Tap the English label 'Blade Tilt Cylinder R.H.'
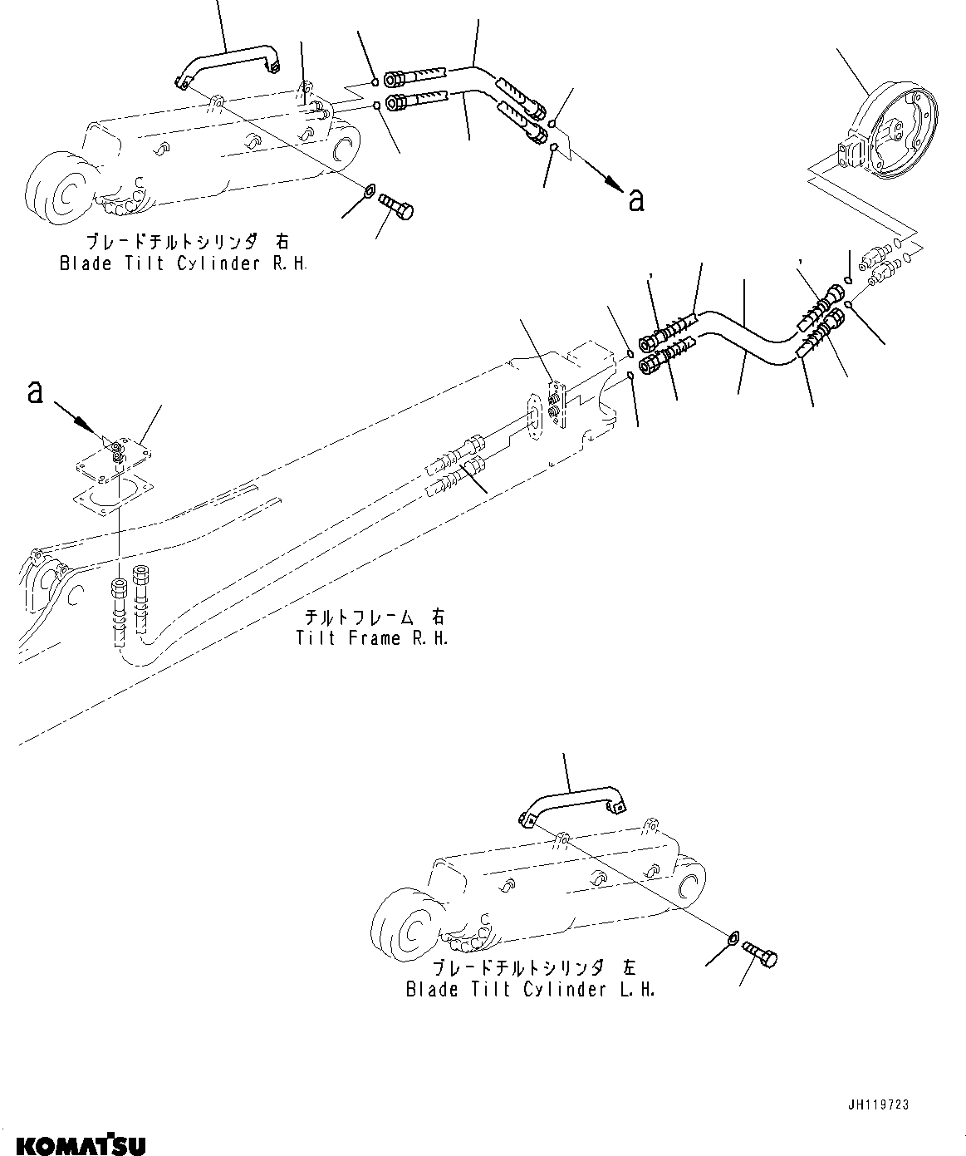(x=183, y=264)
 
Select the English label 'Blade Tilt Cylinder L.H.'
(x=530, y=990)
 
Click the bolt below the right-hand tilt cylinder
(x=396, y=204)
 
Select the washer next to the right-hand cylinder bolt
(x=367, y=194)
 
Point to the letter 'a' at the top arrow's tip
(x=635, y=199)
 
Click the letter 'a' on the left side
(x=35, y=391)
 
